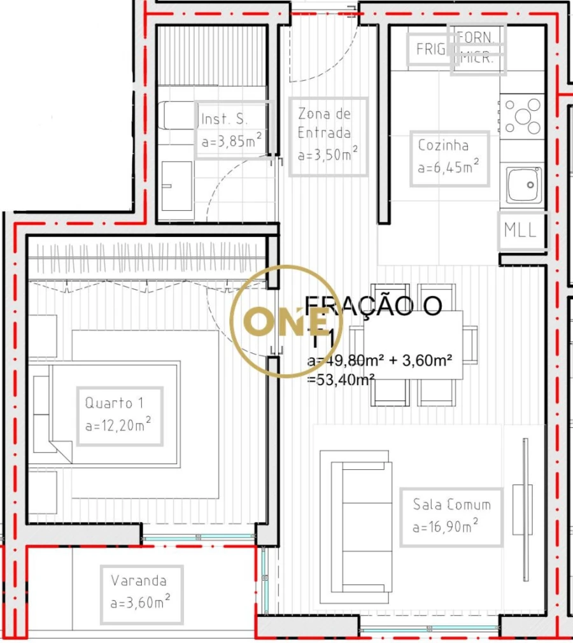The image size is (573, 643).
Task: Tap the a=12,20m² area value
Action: tap(118, 425)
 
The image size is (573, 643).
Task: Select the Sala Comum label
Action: tap(451, 505)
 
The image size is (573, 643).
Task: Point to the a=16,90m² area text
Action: tap(445, 526)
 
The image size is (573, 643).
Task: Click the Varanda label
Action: tap(139, 581)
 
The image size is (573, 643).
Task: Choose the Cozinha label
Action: tap(443, 145)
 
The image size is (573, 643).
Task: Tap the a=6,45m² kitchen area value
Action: tap(448, 167)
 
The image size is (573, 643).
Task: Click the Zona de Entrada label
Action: tap(325, 124)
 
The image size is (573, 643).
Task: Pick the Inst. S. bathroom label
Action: tap(225, 119)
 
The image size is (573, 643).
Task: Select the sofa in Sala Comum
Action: tap(357, 527)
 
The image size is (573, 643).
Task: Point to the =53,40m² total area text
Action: tap(341, 380)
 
